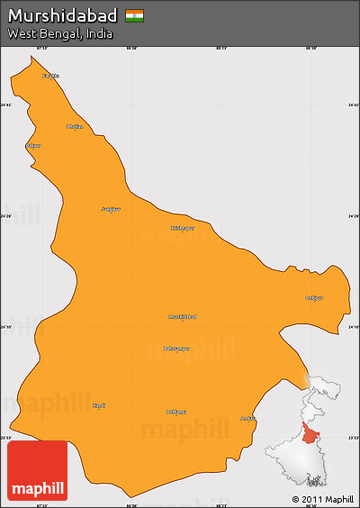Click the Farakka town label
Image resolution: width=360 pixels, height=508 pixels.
click(51, 76)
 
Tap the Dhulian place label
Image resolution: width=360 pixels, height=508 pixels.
click(75, 126)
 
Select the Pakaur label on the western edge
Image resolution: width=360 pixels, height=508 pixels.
click(34, 145)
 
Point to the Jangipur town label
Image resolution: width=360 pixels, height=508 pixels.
click(110, 209)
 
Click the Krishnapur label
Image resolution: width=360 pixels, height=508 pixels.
click(182, 228)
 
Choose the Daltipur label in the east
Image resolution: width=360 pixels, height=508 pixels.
click(314, 298)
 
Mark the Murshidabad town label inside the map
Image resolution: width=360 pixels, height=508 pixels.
click(182, 316)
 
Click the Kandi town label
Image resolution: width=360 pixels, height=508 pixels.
click(99, 405)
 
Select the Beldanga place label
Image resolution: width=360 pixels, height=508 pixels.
click(177, 412)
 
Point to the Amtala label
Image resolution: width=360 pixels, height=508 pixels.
click(248, 418)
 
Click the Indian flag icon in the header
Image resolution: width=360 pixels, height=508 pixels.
click(134, 15)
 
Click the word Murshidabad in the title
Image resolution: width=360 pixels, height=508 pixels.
click(63, 15)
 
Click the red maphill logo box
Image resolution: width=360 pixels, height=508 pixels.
click(37, 470)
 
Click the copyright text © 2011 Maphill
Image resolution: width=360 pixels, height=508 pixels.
click(322, 499)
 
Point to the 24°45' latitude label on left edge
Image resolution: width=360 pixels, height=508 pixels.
click(6, 105)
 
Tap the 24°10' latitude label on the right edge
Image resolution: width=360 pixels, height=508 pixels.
click(353, 327)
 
